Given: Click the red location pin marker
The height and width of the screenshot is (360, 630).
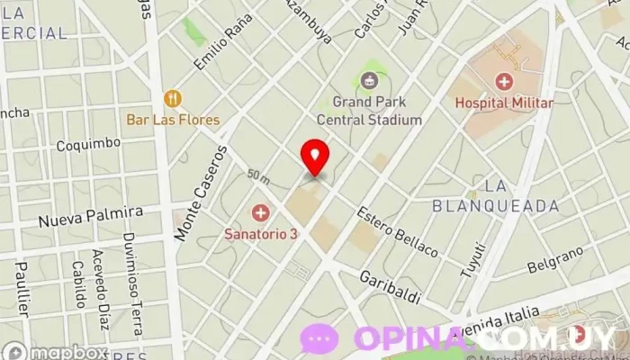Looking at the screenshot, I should pyautogui.click(x=314, y=157).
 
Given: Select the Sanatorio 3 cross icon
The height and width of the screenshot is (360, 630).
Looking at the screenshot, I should pyautogui.click(x=260, y=213).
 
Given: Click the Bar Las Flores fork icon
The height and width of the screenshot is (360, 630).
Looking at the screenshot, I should pyautogui.click(x=173, y=98).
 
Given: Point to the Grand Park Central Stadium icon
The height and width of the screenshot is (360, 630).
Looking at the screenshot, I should pyautogui.click(x=369, y=82).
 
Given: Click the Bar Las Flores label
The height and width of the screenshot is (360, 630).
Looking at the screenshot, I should pyautogui.click(x=173, y=120).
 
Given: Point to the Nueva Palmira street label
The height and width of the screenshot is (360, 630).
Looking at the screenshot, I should pyautogui.click(x=90, y=216).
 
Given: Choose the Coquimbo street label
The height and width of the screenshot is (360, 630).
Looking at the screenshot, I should pyautogui.click(x=87, y=144).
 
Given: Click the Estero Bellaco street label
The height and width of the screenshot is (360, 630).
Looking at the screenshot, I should pyautogui.click(x=397, y=233).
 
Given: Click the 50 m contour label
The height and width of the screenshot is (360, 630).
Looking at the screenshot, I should pyautogui.click(x=259, y=174).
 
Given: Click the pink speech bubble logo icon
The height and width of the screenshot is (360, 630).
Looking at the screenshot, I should pyautogui.click(x=319, y=339).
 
